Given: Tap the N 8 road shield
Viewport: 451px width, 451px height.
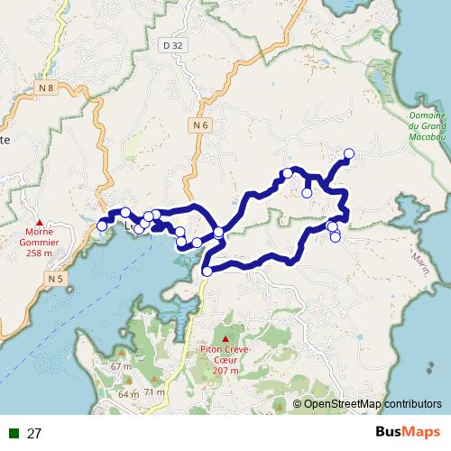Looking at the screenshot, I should pyautogui.click(x=47, y=87).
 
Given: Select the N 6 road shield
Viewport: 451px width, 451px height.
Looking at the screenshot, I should pyautogui.click(x=200, y=124).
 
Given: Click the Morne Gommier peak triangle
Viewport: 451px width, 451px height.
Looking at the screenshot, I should pyautogui.click(x=39, y=222).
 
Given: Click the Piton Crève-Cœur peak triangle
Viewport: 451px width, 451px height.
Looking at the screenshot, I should pyautogui.click(x=225, y=338).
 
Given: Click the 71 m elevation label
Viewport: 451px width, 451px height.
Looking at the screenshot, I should pyautogui.click(x=154, y=392).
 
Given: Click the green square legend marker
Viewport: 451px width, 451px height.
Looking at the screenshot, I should pyautogui.click(x=14, y=434).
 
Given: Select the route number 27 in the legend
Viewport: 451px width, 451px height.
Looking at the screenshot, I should pyautogui.click(x=35, y=434).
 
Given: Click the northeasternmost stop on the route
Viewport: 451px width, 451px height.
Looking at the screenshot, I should pyautogui.click(x=349, y=153).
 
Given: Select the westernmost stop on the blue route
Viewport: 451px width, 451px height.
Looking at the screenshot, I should pyautogui.click(x=102, y=225).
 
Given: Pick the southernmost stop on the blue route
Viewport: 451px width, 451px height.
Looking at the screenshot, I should pyautogui.click(x=207, y=271).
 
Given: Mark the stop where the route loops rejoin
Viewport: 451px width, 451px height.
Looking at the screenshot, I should pyautogui.click(x=218, y=233).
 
